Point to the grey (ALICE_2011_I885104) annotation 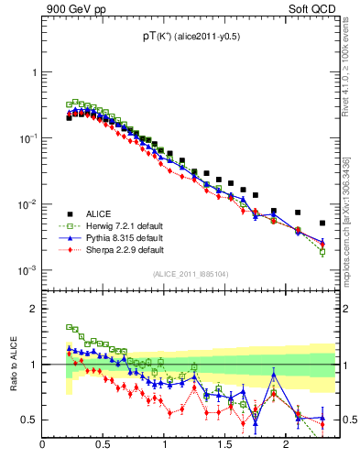[x=191, y=273]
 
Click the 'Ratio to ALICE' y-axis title [x=11, y=365]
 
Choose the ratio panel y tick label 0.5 [x=28, y=420]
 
